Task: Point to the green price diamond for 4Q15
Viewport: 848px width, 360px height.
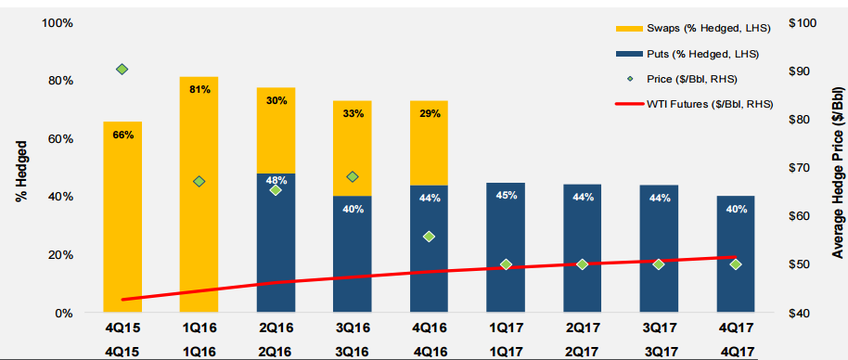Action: [122, 70]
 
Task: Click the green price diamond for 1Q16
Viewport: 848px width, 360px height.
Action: [199, 182]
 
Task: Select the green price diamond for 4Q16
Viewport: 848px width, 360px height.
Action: [429, 237]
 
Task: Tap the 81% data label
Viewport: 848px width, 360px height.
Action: [199, 90]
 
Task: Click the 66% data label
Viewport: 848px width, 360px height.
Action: [122, 135]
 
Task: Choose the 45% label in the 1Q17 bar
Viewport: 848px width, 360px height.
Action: [506, 196]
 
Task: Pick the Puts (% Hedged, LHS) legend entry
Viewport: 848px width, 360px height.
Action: [696, 56]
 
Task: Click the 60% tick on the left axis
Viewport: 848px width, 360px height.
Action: [60, 138]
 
